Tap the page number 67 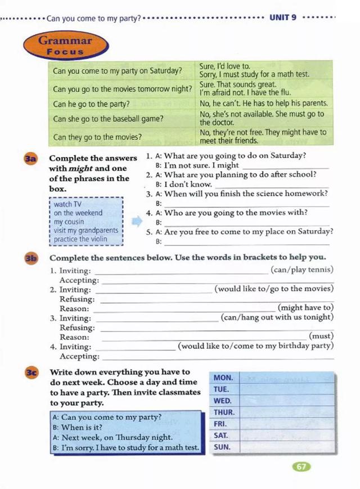coord(301,466)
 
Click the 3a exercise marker coord(30,159)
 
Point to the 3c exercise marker coord(31,373)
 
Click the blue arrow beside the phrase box coord(137,222)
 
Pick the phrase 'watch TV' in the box coord(67,204)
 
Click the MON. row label coord(223,378)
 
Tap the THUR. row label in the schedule coord(224,412)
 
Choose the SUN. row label coord(223,447)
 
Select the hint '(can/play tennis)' coord(301,270)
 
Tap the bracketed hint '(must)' coord(321,337)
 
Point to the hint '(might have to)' coord(305,308)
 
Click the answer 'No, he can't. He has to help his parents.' coord(263,104)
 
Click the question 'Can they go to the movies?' coord(97,137)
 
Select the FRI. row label coord(220,424)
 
